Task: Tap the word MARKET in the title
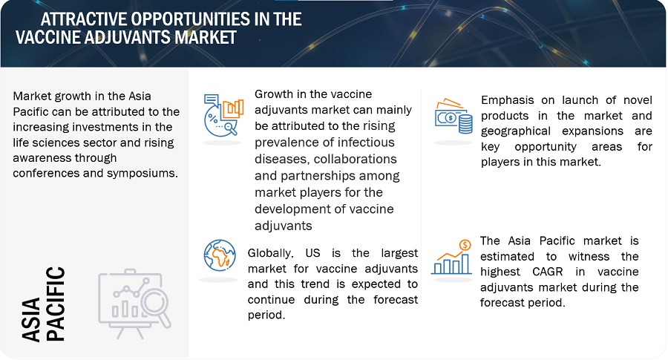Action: [206, 37]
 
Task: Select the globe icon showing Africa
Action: [220, 255]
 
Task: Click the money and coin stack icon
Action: [453, 117]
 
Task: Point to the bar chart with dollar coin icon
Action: [451, 257]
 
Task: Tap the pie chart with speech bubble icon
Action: [223, 115]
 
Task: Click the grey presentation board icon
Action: [134, 304]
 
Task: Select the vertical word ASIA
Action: [31, 319]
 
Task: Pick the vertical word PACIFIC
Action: [55, 304]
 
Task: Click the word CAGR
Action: [548, 272]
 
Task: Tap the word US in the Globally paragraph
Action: [312, 252]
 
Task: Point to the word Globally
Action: [270, 254]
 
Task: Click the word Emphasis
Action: [508, 100]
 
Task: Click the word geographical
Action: [516, 131]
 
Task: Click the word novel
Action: [638, 100]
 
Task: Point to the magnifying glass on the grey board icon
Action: [156, 306]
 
